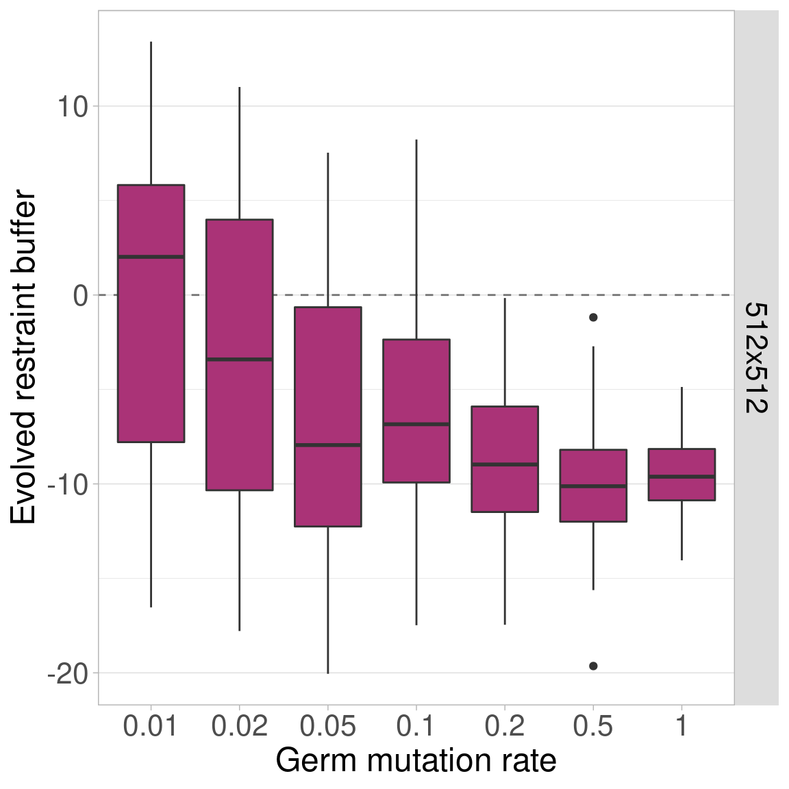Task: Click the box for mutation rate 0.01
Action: [151, 342]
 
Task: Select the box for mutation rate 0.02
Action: [239, 411]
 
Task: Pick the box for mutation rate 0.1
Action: [416, 384]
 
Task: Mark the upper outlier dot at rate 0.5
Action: [593, 317]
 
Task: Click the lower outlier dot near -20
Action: [593, 666]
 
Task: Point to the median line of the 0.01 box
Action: [151, 257]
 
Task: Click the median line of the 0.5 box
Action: [593, 486]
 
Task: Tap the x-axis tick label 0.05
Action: [327, 727]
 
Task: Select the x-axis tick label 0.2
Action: [505, 727]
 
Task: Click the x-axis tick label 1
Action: [681, 727]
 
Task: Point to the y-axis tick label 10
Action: [73, 107]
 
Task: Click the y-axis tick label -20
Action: [68, 674]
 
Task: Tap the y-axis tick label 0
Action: [82, 296]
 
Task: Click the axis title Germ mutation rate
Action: [416, 761]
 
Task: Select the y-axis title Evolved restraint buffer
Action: [24, 358]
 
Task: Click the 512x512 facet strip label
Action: [756, 358]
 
